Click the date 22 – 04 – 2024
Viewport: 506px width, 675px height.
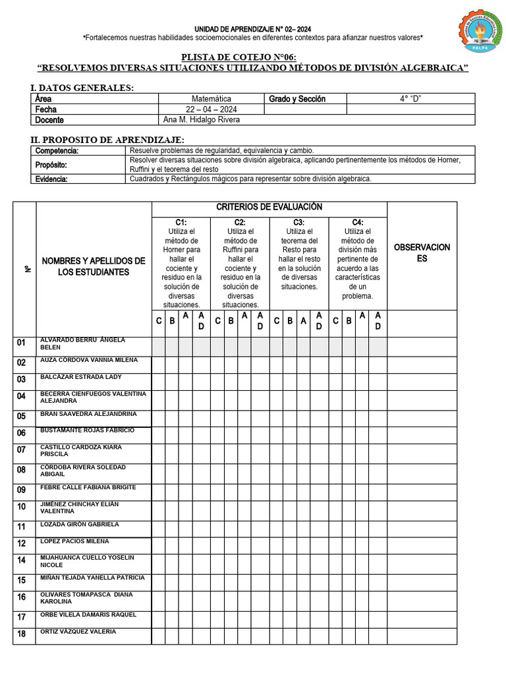(x=211, y=109)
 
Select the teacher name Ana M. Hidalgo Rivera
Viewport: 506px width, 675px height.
(x=201, y=120)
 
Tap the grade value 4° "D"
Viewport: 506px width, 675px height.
(x=410, y=99)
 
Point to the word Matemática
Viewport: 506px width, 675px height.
(x=211, y=99)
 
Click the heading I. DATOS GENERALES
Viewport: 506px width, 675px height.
(x=82, y=88)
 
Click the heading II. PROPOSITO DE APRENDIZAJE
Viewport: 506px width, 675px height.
(x=107, y=140)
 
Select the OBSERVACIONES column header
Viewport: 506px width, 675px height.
(x=422, y=252)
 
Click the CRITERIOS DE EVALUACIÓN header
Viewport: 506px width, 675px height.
(x=269, y=208)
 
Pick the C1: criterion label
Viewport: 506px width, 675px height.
(x=181, y=223)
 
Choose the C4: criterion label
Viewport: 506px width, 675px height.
(x=358, y=223)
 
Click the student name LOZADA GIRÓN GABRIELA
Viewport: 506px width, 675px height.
(x=80, y=525)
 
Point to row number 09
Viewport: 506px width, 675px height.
(x=22, y=490)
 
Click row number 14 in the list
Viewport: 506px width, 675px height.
(x=22, y=561)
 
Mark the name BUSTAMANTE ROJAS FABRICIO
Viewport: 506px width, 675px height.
(x=87, y=430)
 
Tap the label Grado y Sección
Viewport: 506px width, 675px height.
(x=297, y=99)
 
